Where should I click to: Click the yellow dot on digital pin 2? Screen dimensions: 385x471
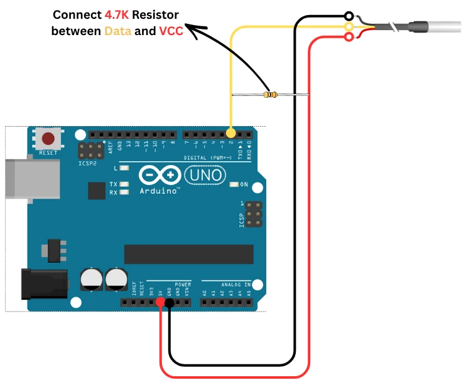point(230,134)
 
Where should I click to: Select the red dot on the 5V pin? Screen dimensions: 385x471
point(161,303)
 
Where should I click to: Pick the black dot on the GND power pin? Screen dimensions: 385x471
point(170,303)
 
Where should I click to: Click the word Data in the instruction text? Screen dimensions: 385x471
point(117,30)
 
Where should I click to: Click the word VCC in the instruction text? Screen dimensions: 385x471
point(171,30)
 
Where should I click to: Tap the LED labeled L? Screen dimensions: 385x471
point(124,169)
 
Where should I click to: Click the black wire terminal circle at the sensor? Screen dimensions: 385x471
point(349,15)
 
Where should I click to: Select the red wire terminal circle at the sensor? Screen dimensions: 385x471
point(349,38)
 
